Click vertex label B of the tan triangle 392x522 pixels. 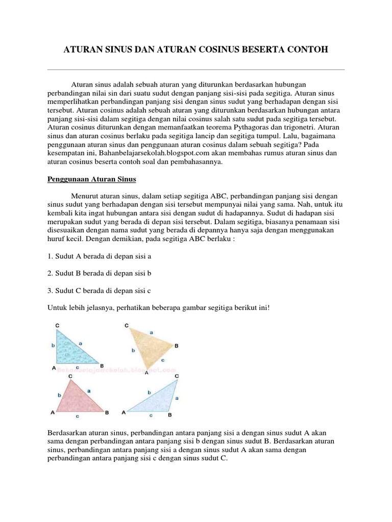(x=177, y=346)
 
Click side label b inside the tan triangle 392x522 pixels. (x=133, y=351)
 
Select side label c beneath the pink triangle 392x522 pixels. (x=77, y=416)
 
